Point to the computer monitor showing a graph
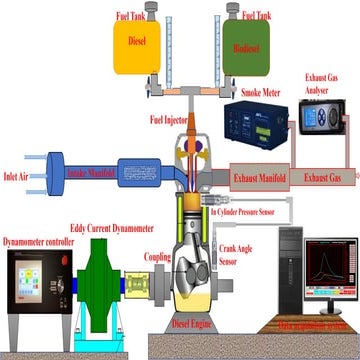[x=333, y=268]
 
